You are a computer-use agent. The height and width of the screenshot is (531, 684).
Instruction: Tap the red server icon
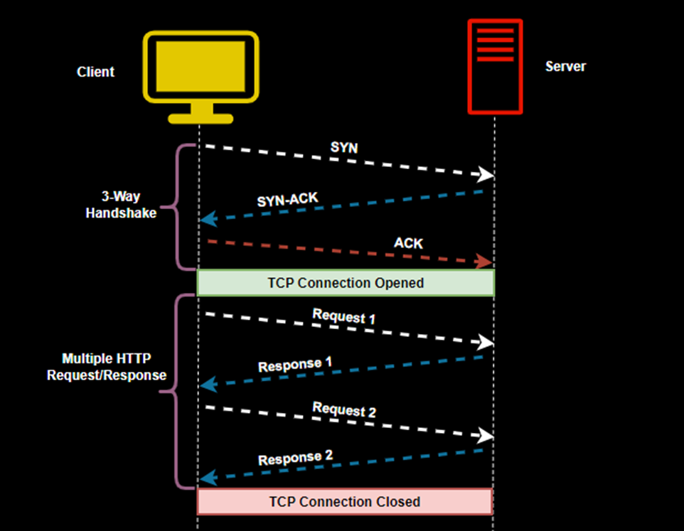point(495,66)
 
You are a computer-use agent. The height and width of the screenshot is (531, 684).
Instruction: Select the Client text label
point(95,72)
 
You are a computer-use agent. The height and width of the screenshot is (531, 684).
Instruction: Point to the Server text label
point(565,67)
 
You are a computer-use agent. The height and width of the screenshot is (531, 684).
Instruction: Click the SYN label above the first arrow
point(344,147)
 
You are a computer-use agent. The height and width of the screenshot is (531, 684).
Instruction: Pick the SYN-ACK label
point(288,199)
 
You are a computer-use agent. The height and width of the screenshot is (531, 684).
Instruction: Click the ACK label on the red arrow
point(408,243)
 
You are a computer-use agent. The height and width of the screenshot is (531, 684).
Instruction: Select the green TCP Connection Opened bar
point(346,283)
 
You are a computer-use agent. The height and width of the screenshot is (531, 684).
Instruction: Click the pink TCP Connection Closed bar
point(344,501)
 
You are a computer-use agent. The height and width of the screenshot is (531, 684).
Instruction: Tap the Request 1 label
point(344,316)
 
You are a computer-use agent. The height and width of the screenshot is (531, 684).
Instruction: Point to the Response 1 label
point(295,365)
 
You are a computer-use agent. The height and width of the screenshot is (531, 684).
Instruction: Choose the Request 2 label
point(344,409)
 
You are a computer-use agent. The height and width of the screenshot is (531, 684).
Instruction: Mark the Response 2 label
point(295,458)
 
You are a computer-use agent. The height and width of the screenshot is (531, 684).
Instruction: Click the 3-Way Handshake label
point(121,205)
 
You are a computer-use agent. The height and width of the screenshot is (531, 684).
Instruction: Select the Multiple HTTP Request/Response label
point(107,367)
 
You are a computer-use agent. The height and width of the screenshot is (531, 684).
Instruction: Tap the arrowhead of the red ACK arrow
point(486,262)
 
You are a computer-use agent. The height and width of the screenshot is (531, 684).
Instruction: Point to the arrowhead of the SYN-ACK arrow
point(207,220)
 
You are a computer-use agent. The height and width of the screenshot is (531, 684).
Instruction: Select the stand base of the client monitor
point(201,118)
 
